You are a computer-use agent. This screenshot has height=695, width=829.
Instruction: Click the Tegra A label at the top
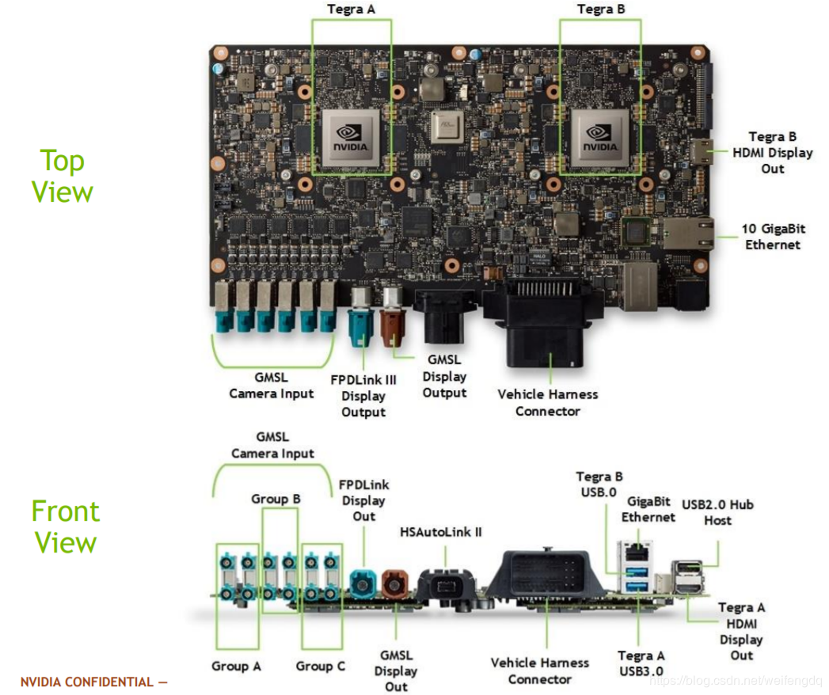tap(352, 9)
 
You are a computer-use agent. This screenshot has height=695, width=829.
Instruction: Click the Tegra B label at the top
tap(600, 9)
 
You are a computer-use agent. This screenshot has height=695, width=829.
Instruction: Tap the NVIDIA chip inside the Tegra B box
tap(599, 136)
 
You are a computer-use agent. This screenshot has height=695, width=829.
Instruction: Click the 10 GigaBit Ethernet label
tap(773, 236)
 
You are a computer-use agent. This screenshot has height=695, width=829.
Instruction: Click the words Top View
tap(63, 176)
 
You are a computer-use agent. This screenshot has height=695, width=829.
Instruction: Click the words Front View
tap(65, 526)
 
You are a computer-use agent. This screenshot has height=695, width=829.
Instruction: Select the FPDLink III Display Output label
tap(363, 396)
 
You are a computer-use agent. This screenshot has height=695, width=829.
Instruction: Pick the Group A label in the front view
tap(236, 666)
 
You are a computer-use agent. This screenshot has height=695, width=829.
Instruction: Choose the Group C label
tap(321, 666)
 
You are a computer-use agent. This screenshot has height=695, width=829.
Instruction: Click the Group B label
tap(276, 499)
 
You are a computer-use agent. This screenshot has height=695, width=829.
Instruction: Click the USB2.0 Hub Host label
tap(717, 512)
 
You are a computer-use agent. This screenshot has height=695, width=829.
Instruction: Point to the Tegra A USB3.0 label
tap(641, 663)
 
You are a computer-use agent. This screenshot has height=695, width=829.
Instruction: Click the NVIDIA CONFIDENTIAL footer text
tap(93, 682)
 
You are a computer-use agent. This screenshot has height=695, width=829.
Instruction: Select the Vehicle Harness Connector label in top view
tap(548, 402)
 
